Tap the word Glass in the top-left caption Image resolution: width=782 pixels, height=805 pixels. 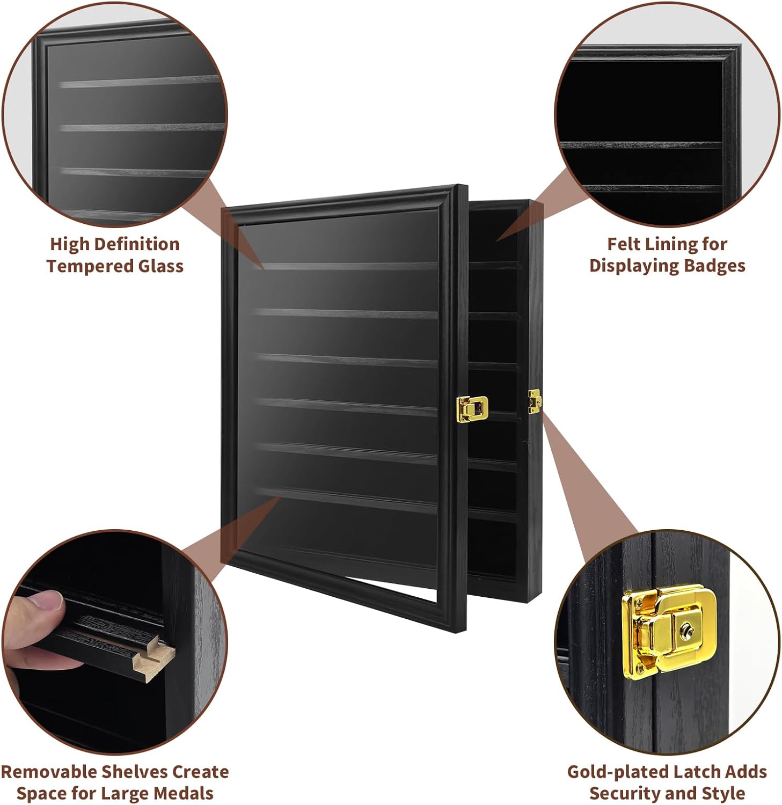tap(159, 266)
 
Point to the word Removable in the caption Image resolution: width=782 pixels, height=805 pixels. tap(49, 772)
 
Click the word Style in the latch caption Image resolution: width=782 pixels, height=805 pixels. tap(723, 793)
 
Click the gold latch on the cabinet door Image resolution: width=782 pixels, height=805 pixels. tap(472, 408)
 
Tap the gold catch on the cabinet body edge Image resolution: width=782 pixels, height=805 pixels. tap(535, 401)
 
